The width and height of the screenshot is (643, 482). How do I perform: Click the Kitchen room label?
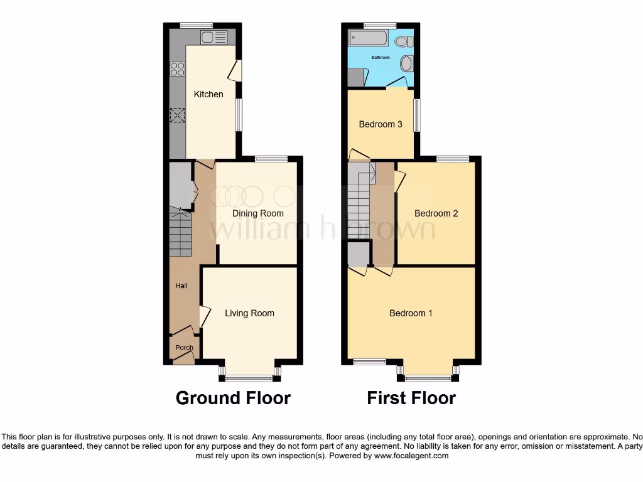[x=208, y=94]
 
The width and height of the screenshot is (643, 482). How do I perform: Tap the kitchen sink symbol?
[x=213, y=37]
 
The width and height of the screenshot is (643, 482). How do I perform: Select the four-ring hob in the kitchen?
[x=177, y=68]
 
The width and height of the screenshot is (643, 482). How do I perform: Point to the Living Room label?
[x=249, y=313]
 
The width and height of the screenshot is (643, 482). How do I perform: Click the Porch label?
[x=184, y=348]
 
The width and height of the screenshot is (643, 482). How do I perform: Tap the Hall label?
[x=181, y=286]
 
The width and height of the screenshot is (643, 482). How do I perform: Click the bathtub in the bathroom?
[x=369, y=38]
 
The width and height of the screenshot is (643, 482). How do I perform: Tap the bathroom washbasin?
[x=406, y=63]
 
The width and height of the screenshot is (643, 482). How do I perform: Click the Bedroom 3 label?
[x=381, y=124]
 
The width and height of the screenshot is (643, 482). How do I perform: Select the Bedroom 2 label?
[x=436, y=213]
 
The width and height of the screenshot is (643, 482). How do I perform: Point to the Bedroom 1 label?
[x=411, y=313]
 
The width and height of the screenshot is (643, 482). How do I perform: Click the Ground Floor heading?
[x=233, y=398]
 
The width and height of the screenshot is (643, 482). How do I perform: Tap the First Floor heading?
[x=411, y=398]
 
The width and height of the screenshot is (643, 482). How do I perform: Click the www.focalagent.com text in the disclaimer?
[x=411, y=456]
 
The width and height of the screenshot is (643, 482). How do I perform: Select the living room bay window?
[x=250, y=378]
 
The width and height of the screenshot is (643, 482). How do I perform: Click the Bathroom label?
[x=380, y=58]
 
